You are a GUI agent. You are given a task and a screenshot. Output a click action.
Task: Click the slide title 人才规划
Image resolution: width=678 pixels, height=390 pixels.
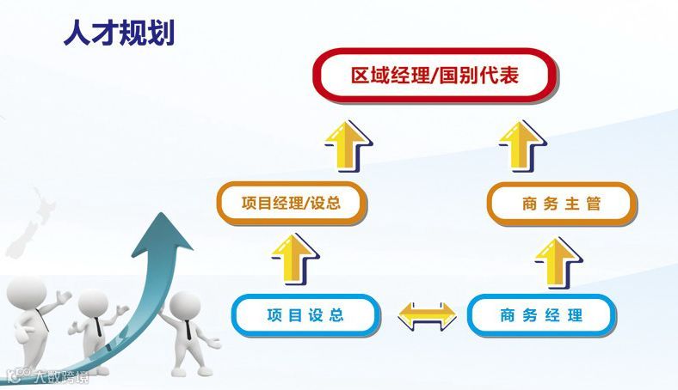[120, 33]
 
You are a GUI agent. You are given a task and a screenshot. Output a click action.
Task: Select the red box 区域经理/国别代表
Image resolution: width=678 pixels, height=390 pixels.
[435, 77]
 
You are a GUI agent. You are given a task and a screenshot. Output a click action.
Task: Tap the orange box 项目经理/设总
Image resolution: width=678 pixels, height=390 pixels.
[291, 204]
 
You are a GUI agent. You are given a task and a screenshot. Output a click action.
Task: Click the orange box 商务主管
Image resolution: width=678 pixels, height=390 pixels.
[561, 204]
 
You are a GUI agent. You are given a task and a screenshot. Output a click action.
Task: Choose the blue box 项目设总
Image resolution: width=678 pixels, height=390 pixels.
[305, 315]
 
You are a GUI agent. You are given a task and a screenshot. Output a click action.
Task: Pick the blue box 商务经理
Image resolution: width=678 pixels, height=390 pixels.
[540, 315]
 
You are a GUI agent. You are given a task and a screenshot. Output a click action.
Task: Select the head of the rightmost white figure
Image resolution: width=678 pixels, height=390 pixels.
[184, 306]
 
